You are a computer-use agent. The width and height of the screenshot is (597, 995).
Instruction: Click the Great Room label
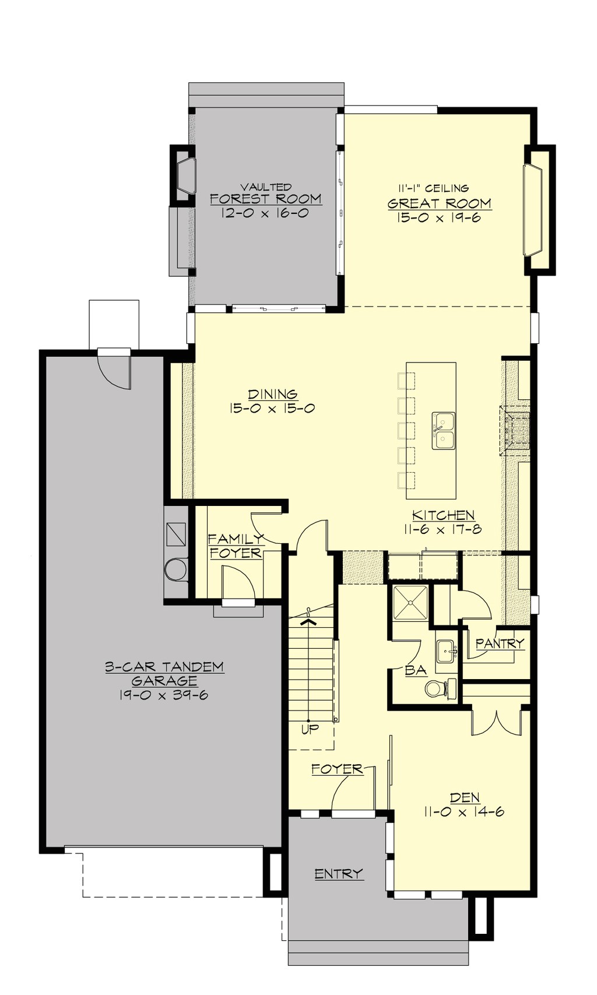pos(439,203)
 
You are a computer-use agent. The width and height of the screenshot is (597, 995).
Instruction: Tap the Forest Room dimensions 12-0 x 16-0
pos(265,213)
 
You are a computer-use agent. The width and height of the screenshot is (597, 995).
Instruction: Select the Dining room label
pos(272,395)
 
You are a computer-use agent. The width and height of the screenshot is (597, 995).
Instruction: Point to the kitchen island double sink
pos(444,431)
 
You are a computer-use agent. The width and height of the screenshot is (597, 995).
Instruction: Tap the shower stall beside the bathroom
pos(410,603)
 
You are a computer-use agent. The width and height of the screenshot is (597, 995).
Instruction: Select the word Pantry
pos(500,644)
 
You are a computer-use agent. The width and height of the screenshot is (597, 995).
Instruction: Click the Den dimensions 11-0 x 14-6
pos(465,812)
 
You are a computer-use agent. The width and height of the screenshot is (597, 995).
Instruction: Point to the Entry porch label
pos(339,874)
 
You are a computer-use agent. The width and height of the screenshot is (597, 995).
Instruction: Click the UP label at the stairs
pos(310,729)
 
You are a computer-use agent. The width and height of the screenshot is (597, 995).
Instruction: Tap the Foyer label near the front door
pos(337,769)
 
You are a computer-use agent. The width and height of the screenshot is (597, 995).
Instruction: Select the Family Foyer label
pos(236,546)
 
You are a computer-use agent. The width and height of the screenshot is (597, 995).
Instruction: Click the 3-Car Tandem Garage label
pos(164,673)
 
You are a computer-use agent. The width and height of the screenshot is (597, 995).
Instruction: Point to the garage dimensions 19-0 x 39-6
pos(164,695)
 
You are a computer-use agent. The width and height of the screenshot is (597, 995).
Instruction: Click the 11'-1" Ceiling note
pos(434,188)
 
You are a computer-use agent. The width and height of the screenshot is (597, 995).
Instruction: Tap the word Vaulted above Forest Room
pos(266,187)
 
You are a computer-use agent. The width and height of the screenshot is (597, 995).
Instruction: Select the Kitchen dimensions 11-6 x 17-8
pos(443,530)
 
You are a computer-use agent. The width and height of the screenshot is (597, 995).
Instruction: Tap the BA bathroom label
pos(416,670)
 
